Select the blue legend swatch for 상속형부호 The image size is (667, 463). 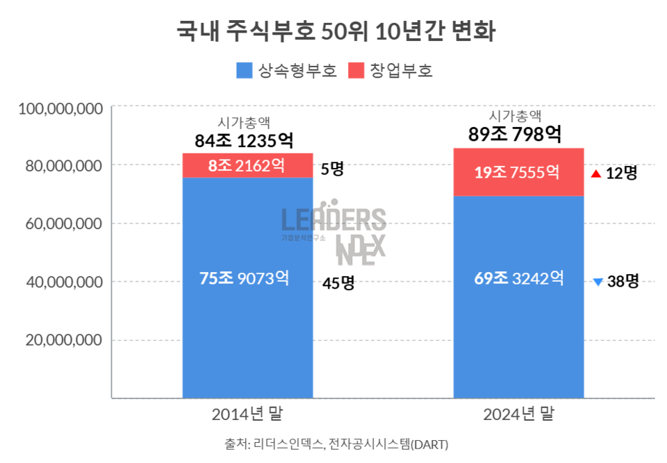[244, 71]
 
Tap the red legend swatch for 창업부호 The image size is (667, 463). [356, 71]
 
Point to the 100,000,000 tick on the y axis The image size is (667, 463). [61, 108]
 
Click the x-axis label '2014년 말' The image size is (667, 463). [247, 414]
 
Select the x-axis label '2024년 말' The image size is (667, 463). [518, 414]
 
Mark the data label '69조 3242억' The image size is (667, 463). [518, 278]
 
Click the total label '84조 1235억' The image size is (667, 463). [244, 141]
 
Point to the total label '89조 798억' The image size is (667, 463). [516, 134]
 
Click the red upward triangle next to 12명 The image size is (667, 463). [595, 174]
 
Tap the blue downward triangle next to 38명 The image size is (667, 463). [598, 282]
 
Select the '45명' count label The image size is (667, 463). [338, 283]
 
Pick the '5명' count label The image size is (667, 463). [331, 169]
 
